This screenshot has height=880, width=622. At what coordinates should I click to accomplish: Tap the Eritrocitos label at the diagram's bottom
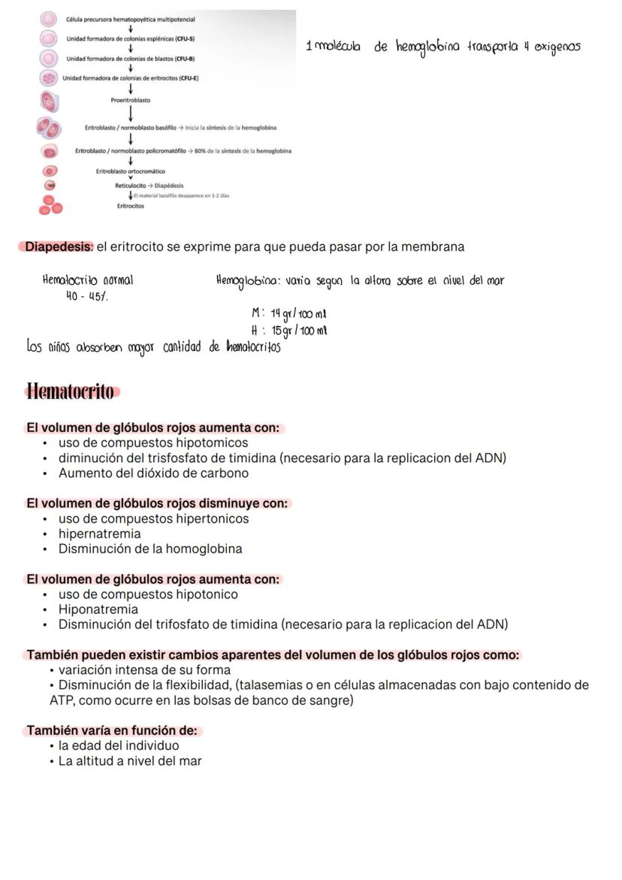tap(131, 206)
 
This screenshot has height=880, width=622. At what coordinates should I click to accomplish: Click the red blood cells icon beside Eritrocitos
tap(50, 205)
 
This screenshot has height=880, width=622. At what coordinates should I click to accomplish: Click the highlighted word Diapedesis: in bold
tap(59, 246)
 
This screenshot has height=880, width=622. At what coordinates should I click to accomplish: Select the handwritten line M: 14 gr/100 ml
tap(288, 313)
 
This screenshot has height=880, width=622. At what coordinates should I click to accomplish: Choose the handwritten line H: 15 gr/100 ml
tap(288, 330)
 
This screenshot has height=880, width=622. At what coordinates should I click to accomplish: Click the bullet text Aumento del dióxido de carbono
tap(153, 473)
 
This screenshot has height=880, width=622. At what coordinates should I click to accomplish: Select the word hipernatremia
tap(99, 534)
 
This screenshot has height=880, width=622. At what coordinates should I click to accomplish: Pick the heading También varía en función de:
tap(112, 730)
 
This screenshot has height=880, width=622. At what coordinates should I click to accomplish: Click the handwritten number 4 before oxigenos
tap(527, 47)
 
